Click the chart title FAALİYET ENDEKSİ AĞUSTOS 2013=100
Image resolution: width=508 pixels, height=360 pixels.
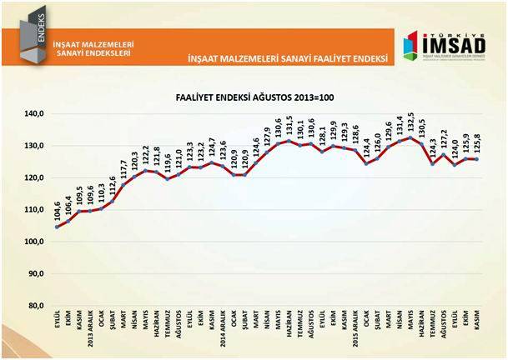(x=254, y=97)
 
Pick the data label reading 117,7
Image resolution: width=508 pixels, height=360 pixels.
(x=123, y=167)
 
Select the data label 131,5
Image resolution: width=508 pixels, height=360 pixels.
(x=289, y=125)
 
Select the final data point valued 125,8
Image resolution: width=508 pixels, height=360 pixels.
(x=477, y=159)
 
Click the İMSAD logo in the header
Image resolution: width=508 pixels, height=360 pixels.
(x=440, y=47)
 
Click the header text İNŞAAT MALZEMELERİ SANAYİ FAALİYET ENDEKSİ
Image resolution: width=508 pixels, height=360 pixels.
(x=289, y=59)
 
